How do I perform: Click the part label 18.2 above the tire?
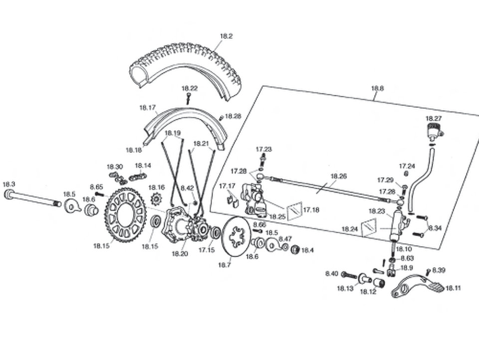pos(227,36)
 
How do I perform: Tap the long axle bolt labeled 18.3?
pos(32,199)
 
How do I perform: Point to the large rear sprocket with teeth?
pos(126,215)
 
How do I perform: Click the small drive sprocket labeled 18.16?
pos(156,200)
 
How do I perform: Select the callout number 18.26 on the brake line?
pos(339,176)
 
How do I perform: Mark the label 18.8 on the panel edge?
pos(378,88)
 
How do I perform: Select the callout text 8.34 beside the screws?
pos(435,228)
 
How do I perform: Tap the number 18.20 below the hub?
pos(180,253)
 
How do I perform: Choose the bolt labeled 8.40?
pos(349,275)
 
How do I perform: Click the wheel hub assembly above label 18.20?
pos(186,225)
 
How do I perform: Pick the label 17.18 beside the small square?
pos(311,210)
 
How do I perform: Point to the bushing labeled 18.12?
pos(379,283)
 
